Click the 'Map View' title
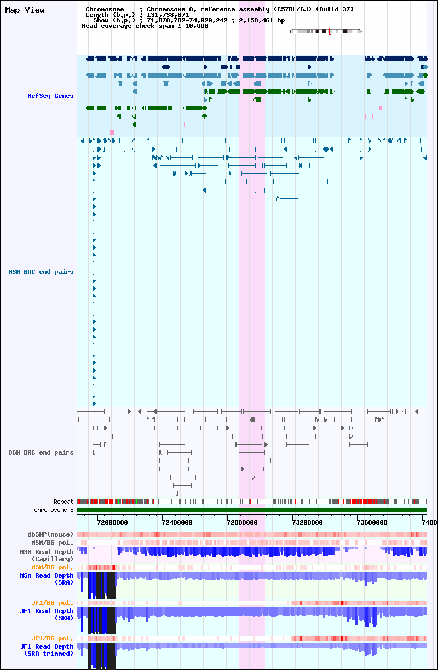tap(25, 10)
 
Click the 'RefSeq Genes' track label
tap(50, 96)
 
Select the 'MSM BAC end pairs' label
tap(41, 272)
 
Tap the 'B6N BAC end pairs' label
tap(41, 452)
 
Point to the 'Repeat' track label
tap(63, 502)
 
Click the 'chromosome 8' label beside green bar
tap(54, 510)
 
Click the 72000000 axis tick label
tap(113, 522)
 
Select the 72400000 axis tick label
tap(177, 522)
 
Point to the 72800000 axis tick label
tap(242, 522)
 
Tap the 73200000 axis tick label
tap(307, 522)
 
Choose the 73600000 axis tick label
tap(372, 522)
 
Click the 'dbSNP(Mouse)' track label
tap(50, 534)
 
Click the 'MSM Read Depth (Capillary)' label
tap(47, 555)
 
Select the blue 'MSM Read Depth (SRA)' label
tap(47, 579)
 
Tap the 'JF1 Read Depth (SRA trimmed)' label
tap(47, 650)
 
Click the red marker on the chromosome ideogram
tap(330, 31)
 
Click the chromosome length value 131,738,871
tap(168, 15)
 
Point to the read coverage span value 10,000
tap(197, 26)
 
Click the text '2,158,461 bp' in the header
tap(262, 20)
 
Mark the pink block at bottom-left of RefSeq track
tap(111, 132)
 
